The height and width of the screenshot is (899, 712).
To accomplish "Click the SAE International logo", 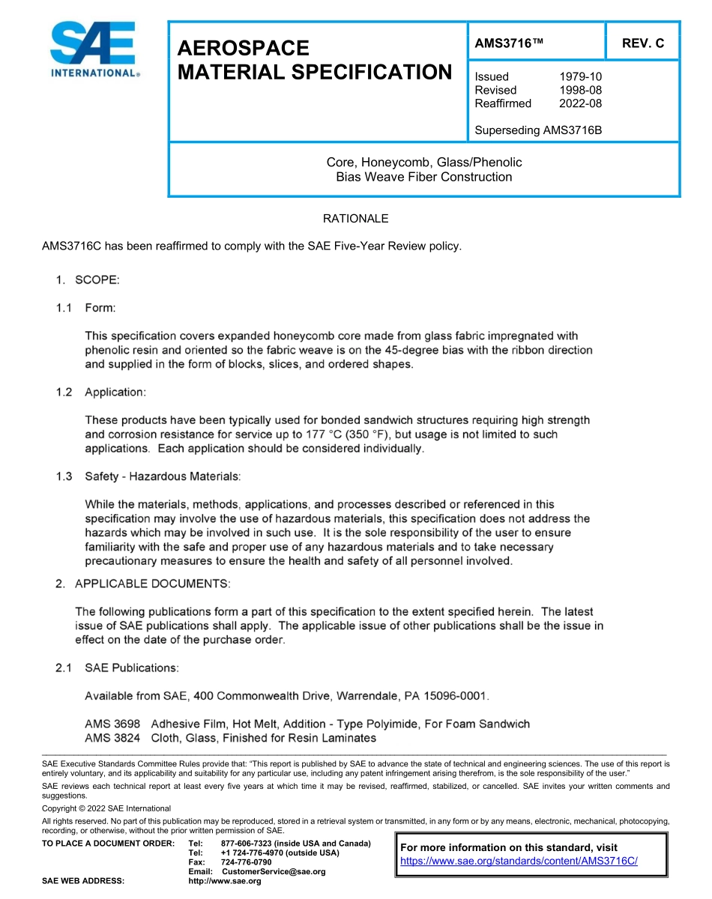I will (93, 49).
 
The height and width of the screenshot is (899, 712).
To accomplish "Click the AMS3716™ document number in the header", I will (508, 43).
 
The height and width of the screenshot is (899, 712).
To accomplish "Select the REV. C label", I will (643, 43).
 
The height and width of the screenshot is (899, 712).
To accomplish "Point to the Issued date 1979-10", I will (580, 76).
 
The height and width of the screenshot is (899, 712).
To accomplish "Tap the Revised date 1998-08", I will (580, 90).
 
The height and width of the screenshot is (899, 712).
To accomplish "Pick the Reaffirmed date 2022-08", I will (580, 103).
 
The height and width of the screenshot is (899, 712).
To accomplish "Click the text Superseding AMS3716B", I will (538, 130).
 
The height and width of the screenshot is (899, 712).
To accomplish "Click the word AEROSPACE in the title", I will (243, 49).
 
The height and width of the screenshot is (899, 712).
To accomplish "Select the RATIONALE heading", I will (355, 219).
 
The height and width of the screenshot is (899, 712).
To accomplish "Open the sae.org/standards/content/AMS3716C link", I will (519, 861).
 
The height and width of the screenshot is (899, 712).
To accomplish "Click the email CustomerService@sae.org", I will (274, 871).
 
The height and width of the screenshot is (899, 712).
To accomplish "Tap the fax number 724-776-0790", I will (246, 862).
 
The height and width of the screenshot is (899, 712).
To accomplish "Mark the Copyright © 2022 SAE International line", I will (106, 808).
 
